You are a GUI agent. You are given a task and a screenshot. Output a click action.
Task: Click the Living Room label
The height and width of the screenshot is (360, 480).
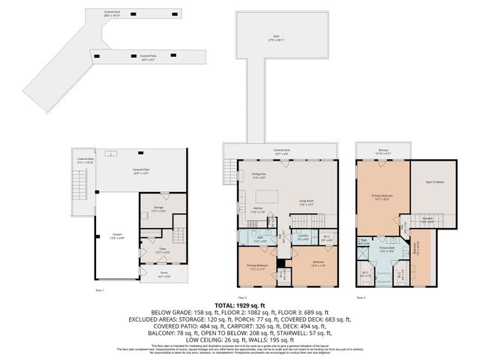(306, 202)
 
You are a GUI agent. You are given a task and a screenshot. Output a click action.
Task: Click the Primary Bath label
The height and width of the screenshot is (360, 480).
(386, 248)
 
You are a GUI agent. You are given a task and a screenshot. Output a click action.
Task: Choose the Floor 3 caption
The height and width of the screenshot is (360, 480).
(361, 297)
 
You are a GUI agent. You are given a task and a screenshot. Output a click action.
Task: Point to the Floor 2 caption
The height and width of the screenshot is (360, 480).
(242, 297)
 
